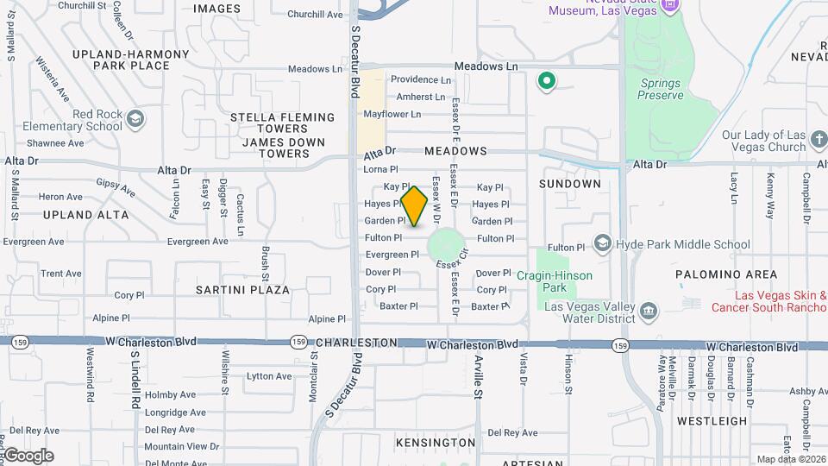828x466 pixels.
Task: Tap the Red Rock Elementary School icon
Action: [x=135, y=117]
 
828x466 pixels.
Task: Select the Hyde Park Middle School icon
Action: [x=602, y=244]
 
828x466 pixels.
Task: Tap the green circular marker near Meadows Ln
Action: [x=545, y=82]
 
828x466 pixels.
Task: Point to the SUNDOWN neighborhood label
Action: [x=569, y=184]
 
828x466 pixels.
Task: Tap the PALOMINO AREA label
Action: [x=714, y=274]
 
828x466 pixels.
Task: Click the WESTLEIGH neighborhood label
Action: [x=712, y=421]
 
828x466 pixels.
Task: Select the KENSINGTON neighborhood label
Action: [x=436, y=443]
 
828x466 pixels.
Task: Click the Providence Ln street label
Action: [x=421, y=79]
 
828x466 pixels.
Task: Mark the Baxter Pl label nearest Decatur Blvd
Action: [x=398, y=305]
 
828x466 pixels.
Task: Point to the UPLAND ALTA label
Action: [x=86, y=215]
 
